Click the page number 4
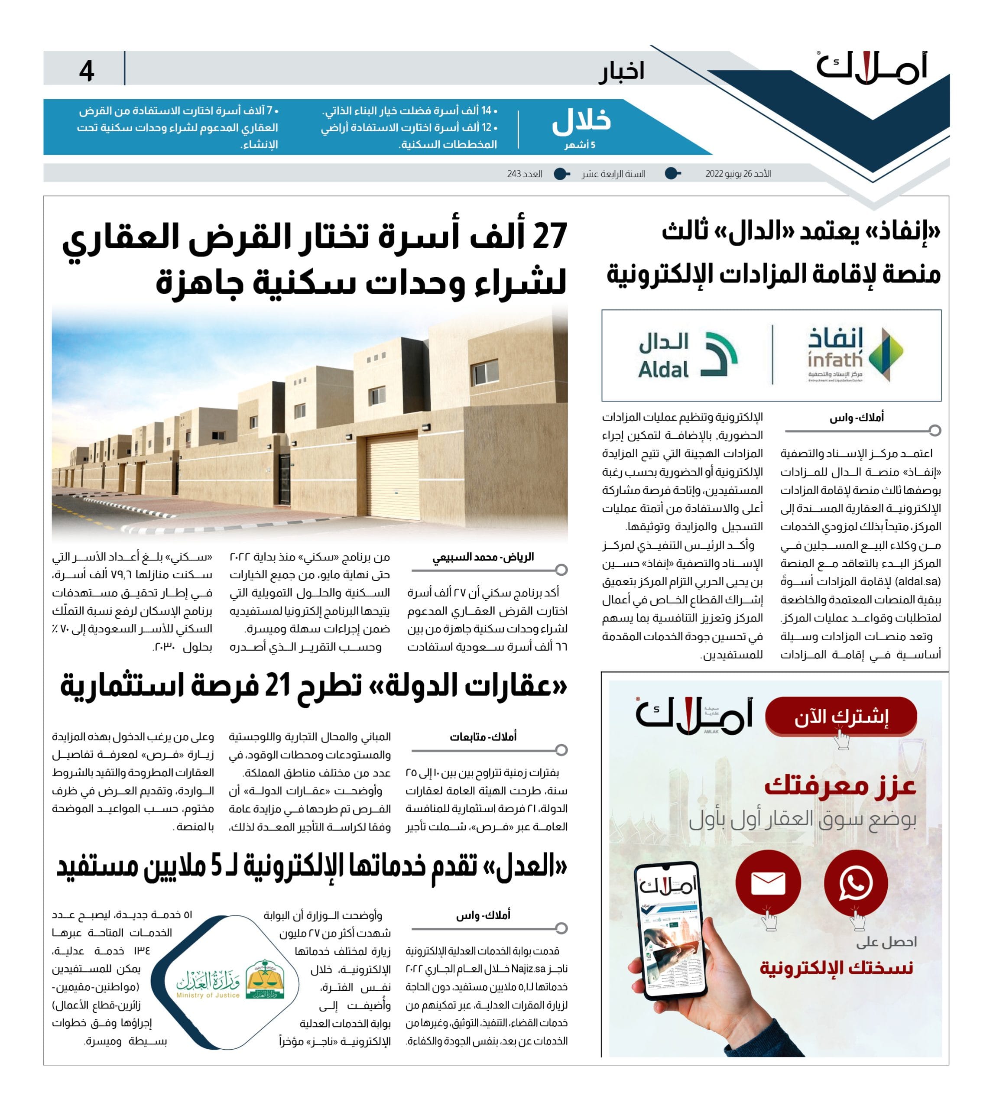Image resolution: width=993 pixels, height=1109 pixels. coord(86,71)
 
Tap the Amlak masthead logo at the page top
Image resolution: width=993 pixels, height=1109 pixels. coord(871,69)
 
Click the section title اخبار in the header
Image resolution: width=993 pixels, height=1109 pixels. coord(621,71)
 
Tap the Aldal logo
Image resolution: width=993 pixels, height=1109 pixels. coord(688,355)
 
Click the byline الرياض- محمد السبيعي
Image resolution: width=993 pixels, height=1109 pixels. coord(483,557)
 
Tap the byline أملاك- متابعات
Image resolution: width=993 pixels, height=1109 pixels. coord(483,737)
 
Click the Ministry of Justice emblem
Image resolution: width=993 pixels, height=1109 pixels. coord(265,979)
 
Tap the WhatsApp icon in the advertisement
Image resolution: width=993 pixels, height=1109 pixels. coord(855,882)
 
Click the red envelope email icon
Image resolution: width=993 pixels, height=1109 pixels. coord(768,882)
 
